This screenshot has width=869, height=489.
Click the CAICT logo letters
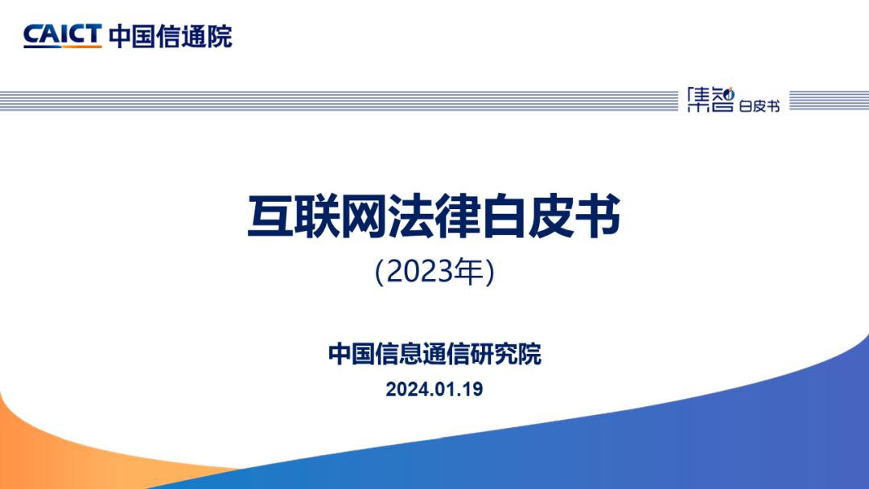(x=63, y=36)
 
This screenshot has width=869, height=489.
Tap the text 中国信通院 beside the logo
(x=171, y=36)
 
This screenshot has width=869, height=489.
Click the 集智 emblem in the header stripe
(x=710, y=100)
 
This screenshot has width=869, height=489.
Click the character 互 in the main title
(x=270, y=216)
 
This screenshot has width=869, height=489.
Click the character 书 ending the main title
(x=598, y=216)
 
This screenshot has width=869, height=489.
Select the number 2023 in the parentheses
(x=419, y=272)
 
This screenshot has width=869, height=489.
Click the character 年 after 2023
(x=468, y=272)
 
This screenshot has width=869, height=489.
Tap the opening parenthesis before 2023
(x=380, y=273)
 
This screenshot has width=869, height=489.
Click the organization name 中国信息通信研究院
(x=434, y=355)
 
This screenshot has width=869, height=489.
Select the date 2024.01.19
(x=434, y=389)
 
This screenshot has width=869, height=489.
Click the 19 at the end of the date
(x=472, y=389)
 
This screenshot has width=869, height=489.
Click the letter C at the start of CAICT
(x=33, y=36)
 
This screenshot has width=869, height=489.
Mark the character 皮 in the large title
(x=551, y=216)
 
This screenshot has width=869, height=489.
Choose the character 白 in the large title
(x=505, y=216)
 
